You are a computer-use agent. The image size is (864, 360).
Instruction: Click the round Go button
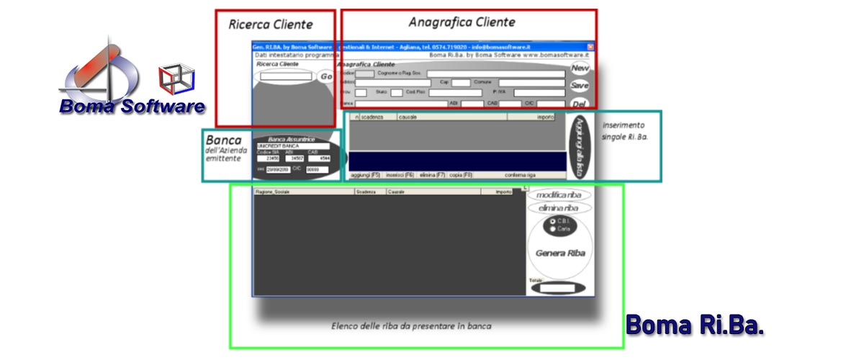click(x=325, y=76)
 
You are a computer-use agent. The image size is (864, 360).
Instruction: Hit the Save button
click(x=580, y=86)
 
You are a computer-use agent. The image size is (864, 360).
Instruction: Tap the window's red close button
click(x=590, y=47)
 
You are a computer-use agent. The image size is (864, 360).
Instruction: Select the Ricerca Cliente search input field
click(x=286, y=76)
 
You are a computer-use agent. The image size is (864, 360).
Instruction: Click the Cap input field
click(x=461, y=83)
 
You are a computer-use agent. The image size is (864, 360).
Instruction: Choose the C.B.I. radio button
click(x=552, y=221)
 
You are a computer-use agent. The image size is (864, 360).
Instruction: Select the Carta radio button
click(x=552, y=229)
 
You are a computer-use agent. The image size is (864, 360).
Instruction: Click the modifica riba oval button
click(x=558, y=195)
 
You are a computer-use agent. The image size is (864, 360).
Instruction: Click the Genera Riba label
click(x=559, y=253)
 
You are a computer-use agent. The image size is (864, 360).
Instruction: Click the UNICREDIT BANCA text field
click(x=293, y=146)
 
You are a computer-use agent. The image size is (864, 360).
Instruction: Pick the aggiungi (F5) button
click(x=365, y=175)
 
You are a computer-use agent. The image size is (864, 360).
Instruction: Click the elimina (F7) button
click(x=432, y=175)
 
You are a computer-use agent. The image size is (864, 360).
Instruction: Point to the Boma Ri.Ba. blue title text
click(x=694, y=325)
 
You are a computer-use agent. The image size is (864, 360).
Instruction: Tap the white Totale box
click(x=557, y=288)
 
